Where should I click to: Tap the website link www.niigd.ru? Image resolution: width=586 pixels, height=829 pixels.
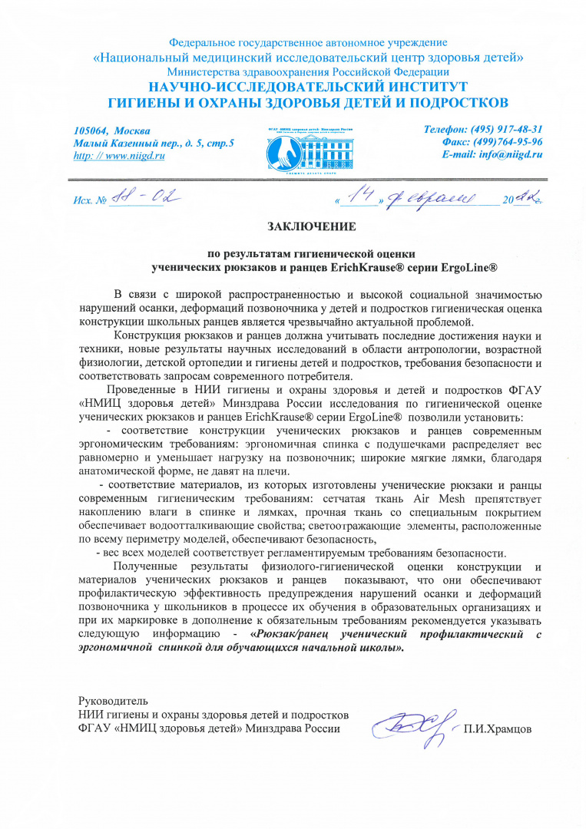[x=127, y=156]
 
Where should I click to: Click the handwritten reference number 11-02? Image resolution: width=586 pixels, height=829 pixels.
[x=144, y=198]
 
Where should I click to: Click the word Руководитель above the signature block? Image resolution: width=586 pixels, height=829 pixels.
[x=114, y=701]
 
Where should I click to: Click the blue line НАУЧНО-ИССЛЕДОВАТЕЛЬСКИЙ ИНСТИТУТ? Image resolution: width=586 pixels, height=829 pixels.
[x=307, y=86]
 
